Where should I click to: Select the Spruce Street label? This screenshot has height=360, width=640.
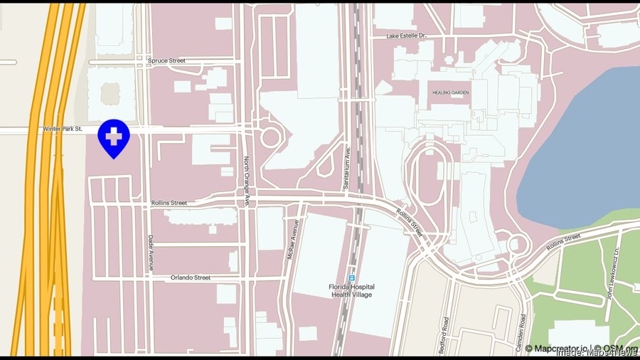[166, 61]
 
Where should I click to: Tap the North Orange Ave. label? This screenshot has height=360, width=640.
[247, 181]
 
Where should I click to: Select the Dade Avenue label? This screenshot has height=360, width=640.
[151, 253]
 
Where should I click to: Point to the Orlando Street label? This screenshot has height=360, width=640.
[191, 277]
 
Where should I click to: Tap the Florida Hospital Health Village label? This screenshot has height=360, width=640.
[351, 291]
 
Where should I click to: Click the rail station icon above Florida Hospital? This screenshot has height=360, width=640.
[351, 277]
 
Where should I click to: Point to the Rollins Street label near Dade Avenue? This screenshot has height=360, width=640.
[169, 203]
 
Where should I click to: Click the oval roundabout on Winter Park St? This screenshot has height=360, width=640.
[270, 137]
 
